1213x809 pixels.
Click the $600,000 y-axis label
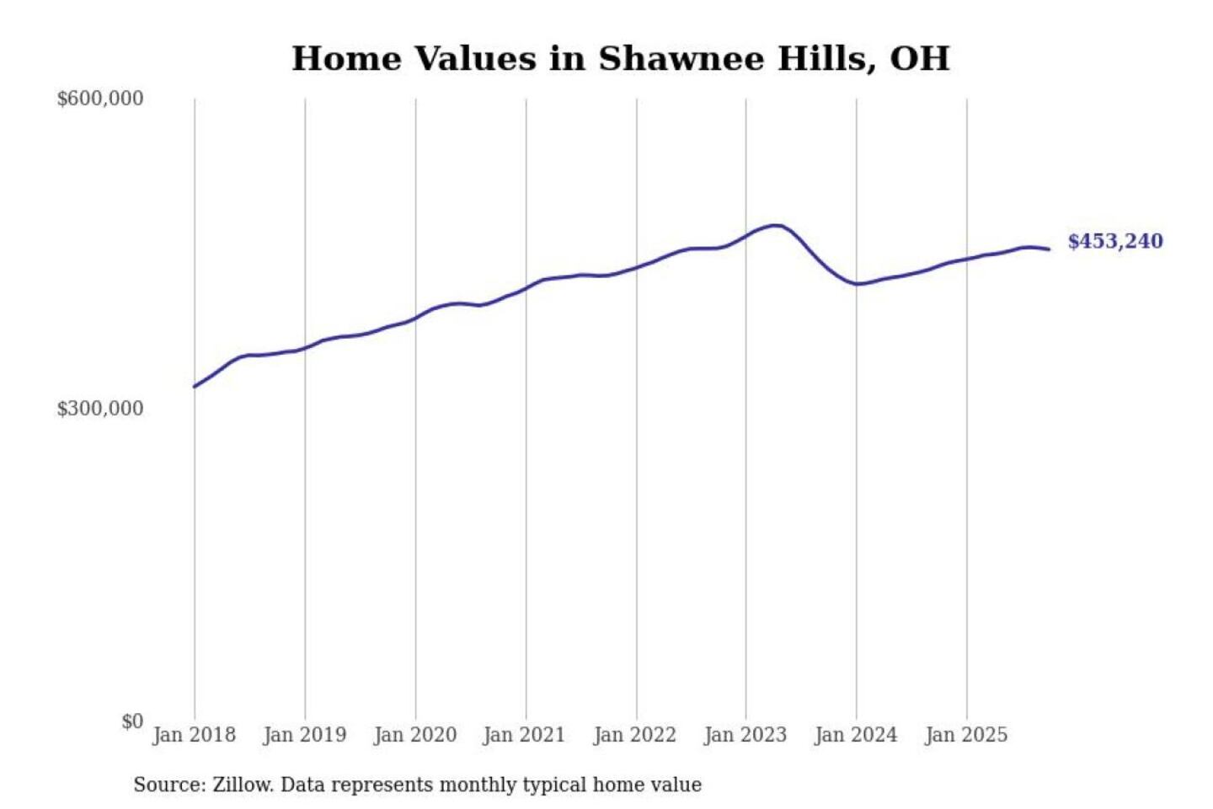point(100,99)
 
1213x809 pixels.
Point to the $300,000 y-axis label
point(100,409)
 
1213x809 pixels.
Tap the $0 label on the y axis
point(132,721)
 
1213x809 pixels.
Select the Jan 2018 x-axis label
point(194,735)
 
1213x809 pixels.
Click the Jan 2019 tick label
point(304,735)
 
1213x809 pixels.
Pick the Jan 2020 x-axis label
point(414,735)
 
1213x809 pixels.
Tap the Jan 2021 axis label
point(524,735)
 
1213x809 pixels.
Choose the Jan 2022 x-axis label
point(634,735)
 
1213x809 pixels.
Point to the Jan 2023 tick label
point(745,735)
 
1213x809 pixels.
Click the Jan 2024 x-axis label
point(855,735)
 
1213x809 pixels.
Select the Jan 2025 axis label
point(965,735)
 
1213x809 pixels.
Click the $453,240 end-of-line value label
point(1115,242)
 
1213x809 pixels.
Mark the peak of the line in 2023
point(777,225)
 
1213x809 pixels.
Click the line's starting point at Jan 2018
point(195,387)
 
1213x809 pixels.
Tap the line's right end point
point(1049,249)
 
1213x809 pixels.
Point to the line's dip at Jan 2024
point(857,284)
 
